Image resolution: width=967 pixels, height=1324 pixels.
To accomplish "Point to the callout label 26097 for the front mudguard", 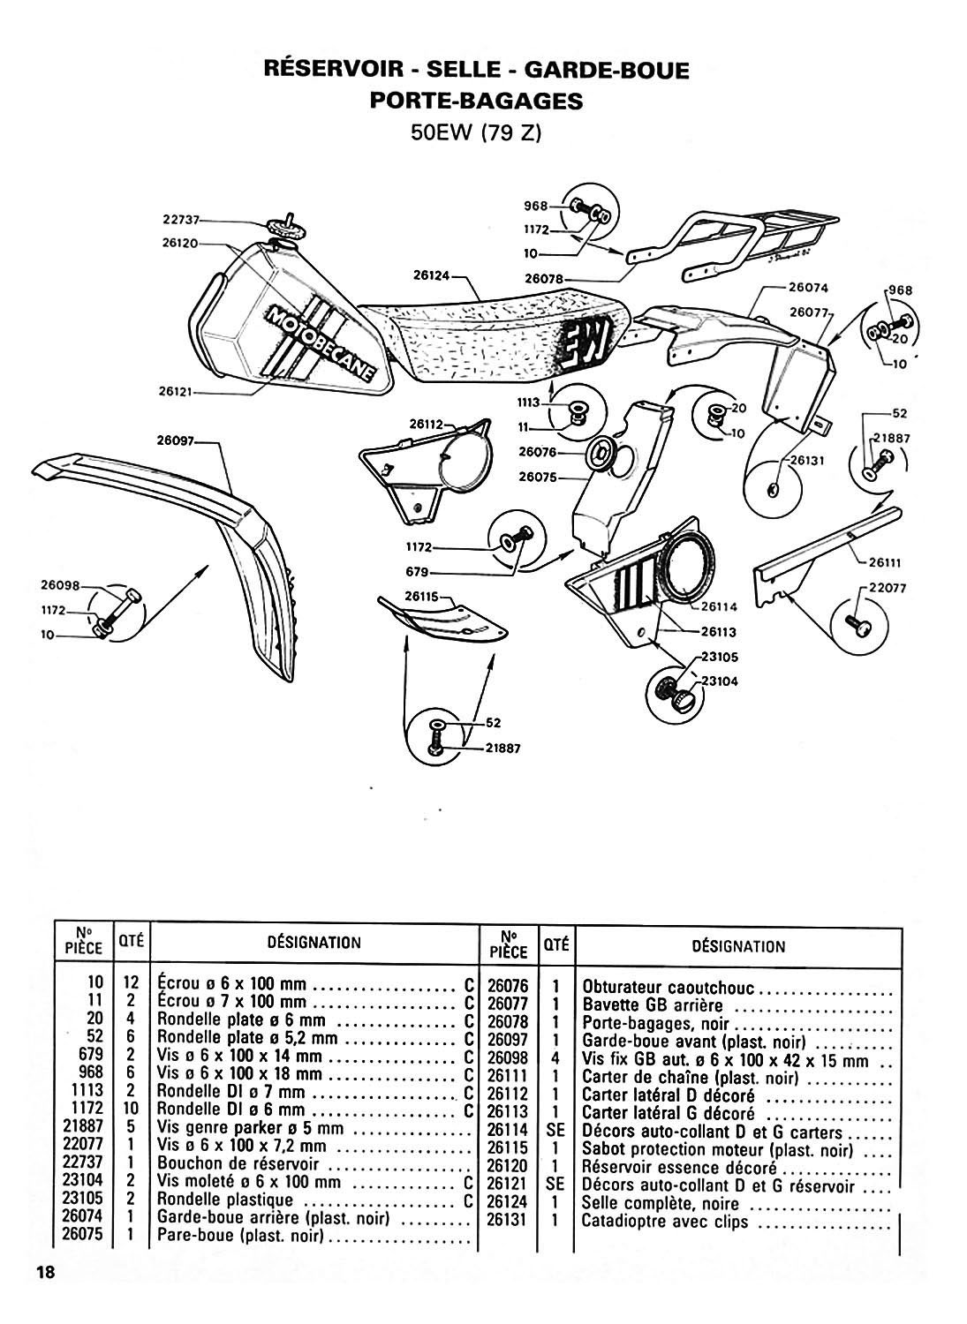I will [178, 441].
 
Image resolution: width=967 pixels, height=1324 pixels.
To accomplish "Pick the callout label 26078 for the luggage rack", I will [544, 278].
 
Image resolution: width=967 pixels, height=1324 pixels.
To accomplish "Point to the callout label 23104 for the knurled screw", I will [721, 681].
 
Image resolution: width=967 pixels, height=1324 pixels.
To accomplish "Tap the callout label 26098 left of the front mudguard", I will [60, 584].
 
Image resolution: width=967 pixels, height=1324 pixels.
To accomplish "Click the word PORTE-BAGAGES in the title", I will [476, 101].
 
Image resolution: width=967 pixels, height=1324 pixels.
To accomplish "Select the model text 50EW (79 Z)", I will [476, 134].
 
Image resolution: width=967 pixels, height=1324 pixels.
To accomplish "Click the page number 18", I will [46, 1272].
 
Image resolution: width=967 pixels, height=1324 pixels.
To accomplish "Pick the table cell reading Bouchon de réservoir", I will [237, 1165].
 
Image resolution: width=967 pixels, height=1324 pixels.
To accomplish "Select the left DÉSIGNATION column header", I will [314, 943].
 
